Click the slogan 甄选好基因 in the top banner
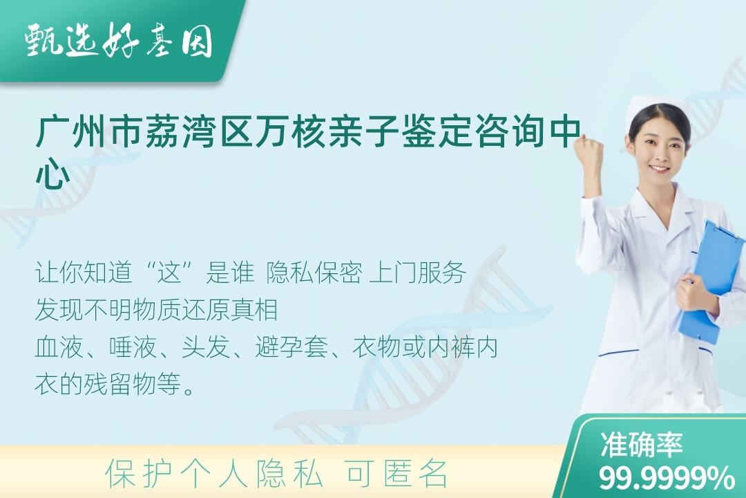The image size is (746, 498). pyautogui.click(x=118, y=41)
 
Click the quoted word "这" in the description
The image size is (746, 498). pyautogui.click(x=171, y=273)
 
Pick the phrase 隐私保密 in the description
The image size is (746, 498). pyautogui.click(x=314, y=273)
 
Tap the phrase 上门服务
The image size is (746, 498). pyautogui.click(x=417, y=273)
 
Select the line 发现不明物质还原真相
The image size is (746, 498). pyautogui.click(x=157, y=310)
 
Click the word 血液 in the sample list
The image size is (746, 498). pyautogui.click(x=59, y=347)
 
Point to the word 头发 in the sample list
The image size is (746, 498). pyautogui.click(x=206, y=347)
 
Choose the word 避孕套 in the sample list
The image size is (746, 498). pyautogui.click(x=291, y=347)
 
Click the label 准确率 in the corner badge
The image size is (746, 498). pyautogui.click(x=641, y=445)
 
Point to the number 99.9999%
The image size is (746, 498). pyautogui.click(x=667, y=477)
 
